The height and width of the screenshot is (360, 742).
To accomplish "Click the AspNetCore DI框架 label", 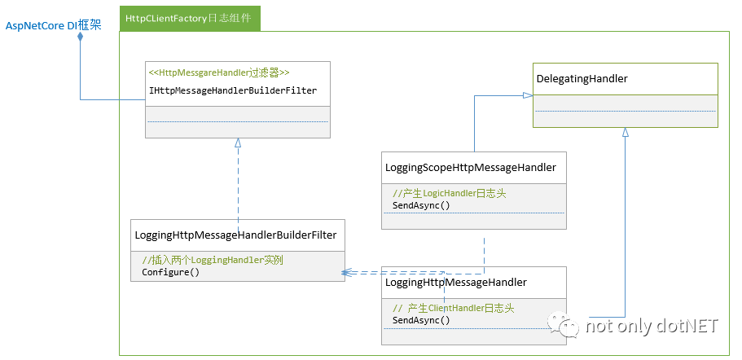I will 54,26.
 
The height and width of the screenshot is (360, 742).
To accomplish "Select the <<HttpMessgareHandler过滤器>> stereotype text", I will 219,72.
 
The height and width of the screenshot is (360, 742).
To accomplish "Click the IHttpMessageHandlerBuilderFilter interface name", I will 233,90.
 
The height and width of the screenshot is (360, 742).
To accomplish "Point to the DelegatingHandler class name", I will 582,78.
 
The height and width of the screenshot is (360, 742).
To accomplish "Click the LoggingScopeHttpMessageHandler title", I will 470,168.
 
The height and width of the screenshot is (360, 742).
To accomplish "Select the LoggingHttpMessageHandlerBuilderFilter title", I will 235,235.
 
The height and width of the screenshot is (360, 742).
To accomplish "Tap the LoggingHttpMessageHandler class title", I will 455,283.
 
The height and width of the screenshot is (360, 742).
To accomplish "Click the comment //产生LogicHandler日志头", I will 450,193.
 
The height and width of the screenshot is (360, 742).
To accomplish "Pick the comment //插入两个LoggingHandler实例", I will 218,260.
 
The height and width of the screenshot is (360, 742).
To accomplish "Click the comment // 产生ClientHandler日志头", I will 453,308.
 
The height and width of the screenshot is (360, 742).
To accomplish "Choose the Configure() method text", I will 170,272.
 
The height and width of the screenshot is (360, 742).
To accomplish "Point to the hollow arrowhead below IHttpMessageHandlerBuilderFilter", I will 238,143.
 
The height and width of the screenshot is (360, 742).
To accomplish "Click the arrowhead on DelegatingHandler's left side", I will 528,95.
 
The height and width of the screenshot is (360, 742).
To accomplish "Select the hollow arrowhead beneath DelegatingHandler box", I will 625,132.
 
